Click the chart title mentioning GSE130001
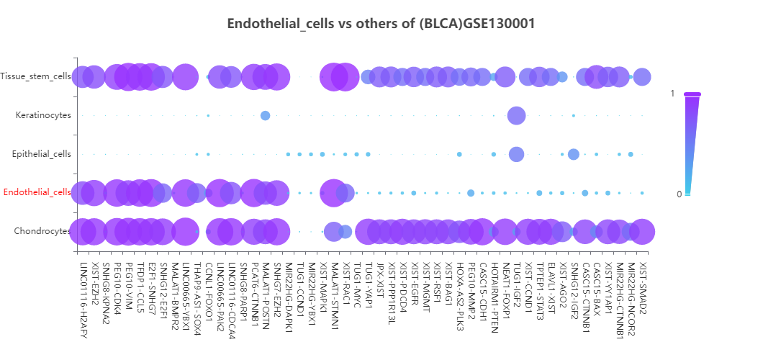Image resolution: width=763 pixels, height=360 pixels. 381,24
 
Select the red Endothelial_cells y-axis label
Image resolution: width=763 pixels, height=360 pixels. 37,192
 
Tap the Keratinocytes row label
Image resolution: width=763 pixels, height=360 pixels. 43,115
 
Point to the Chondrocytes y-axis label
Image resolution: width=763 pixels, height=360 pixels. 42,231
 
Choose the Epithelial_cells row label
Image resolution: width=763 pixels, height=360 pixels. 42,154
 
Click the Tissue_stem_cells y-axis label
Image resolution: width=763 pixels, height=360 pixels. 36,76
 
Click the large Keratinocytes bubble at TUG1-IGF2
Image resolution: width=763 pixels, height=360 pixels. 516,115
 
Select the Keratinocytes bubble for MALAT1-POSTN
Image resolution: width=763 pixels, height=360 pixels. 265,115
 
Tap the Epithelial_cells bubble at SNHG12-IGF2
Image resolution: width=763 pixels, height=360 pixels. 574,154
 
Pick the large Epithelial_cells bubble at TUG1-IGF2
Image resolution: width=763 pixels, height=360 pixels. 516,154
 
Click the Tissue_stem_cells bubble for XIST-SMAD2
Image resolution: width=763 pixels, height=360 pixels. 642,76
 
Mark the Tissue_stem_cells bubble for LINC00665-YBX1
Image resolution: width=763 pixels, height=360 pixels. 185,76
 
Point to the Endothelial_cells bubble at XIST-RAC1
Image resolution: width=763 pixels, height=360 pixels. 345,192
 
